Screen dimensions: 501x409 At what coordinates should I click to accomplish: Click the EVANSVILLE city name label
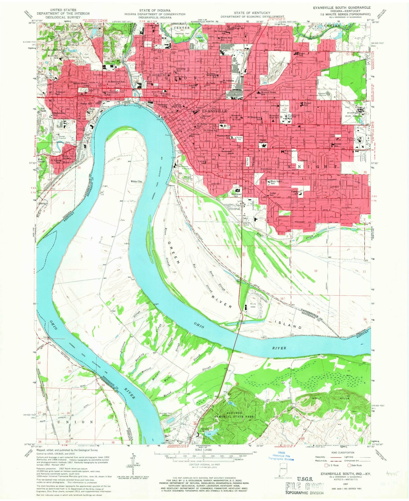(x=214, y=111)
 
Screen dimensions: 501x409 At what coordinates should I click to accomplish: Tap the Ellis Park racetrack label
(x=253, y=305)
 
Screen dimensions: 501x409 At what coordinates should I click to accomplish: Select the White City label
(x=136, y=181)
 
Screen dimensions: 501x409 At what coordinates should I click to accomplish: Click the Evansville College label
(x=293, y=116)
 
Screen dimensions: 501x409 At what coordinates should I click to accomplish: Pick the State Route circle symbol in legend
(x=349, y=465)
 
